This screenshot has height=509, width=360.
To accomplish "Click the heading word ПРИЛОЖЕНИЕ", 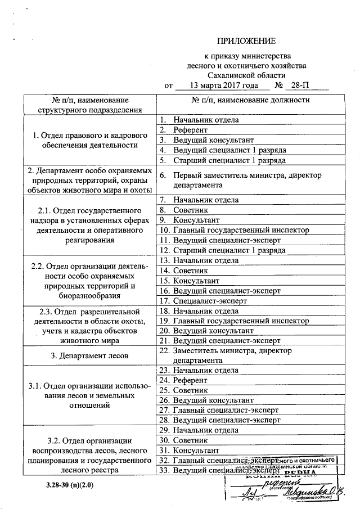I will click(x=247, y=41).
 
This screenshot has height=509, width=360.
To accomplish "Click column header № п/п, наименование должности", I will click(x=250, y=100).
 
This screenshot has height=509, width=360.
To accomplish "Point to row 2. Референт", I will click(x=191, y=130).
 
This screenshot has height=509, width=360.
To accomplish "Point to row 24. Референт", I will click(x=191, y=380).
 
